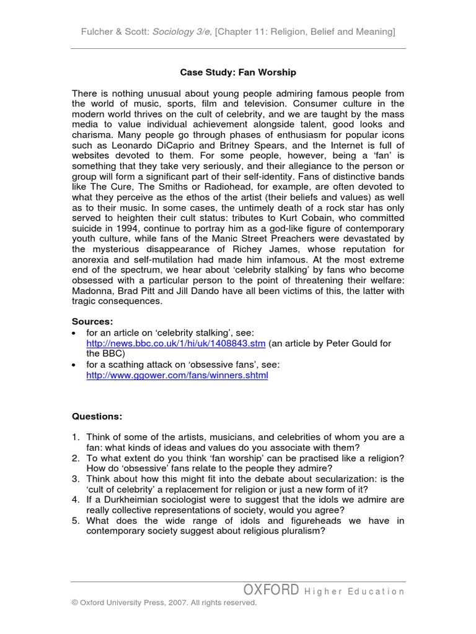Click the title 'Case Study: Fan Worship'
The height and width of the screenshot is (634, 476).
tap(238, 72)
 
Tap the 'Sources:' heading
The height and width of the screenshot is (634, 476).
tap(93, 322)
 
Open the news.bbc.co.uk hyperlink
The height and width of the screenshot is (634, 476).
tap(176, 344)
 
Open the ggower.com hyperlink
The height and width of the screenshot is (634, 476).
tap(177, 376)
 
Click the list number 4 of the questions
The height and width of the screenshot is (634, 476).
tap(76, 499)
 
